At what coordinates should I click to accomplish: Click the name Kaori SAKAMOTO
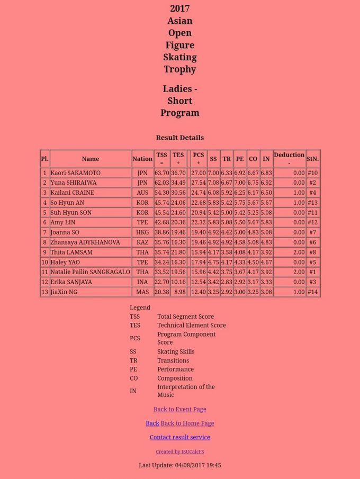tap(75, 173)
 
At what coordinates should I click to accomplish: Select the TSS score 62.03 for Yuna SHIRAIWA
tap(161, 183)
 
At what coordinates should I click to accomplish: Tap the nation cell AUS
tap(142, 193)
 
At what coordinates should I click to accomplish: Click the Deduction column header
tap(289, 158)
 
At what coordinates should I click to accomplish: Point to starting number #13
tap(312, 202)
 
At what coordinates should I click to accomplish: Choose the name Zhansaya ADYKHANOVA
tap(85, 242)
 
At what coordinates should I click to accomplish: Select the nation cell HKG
tap(142, 232)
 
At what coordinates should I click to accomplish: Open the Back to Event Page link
tap(179, 409)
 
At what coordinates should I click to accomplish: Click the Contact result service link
tap(179, 437)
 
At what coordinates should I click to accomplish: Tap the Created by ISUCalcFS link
tap(179, 451)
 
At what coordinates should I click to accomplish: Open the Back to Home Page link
tap(187, 423)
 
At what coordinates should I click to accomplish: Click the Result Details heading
tap(179, 138)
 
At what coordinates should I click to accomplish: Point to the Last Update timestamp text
tap(179, 465)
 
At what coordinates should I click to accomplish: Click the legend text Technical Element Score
tap(191, 325)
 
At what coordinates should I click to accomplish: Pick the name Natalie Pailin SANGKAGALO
tap(90, 272)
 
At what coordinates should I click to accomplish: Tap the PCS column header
tap(198, 158)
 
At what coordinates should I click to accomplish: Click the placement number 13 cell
tap(44, 292)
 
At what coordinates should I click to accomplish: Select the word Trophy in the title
tap(179, 69)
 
